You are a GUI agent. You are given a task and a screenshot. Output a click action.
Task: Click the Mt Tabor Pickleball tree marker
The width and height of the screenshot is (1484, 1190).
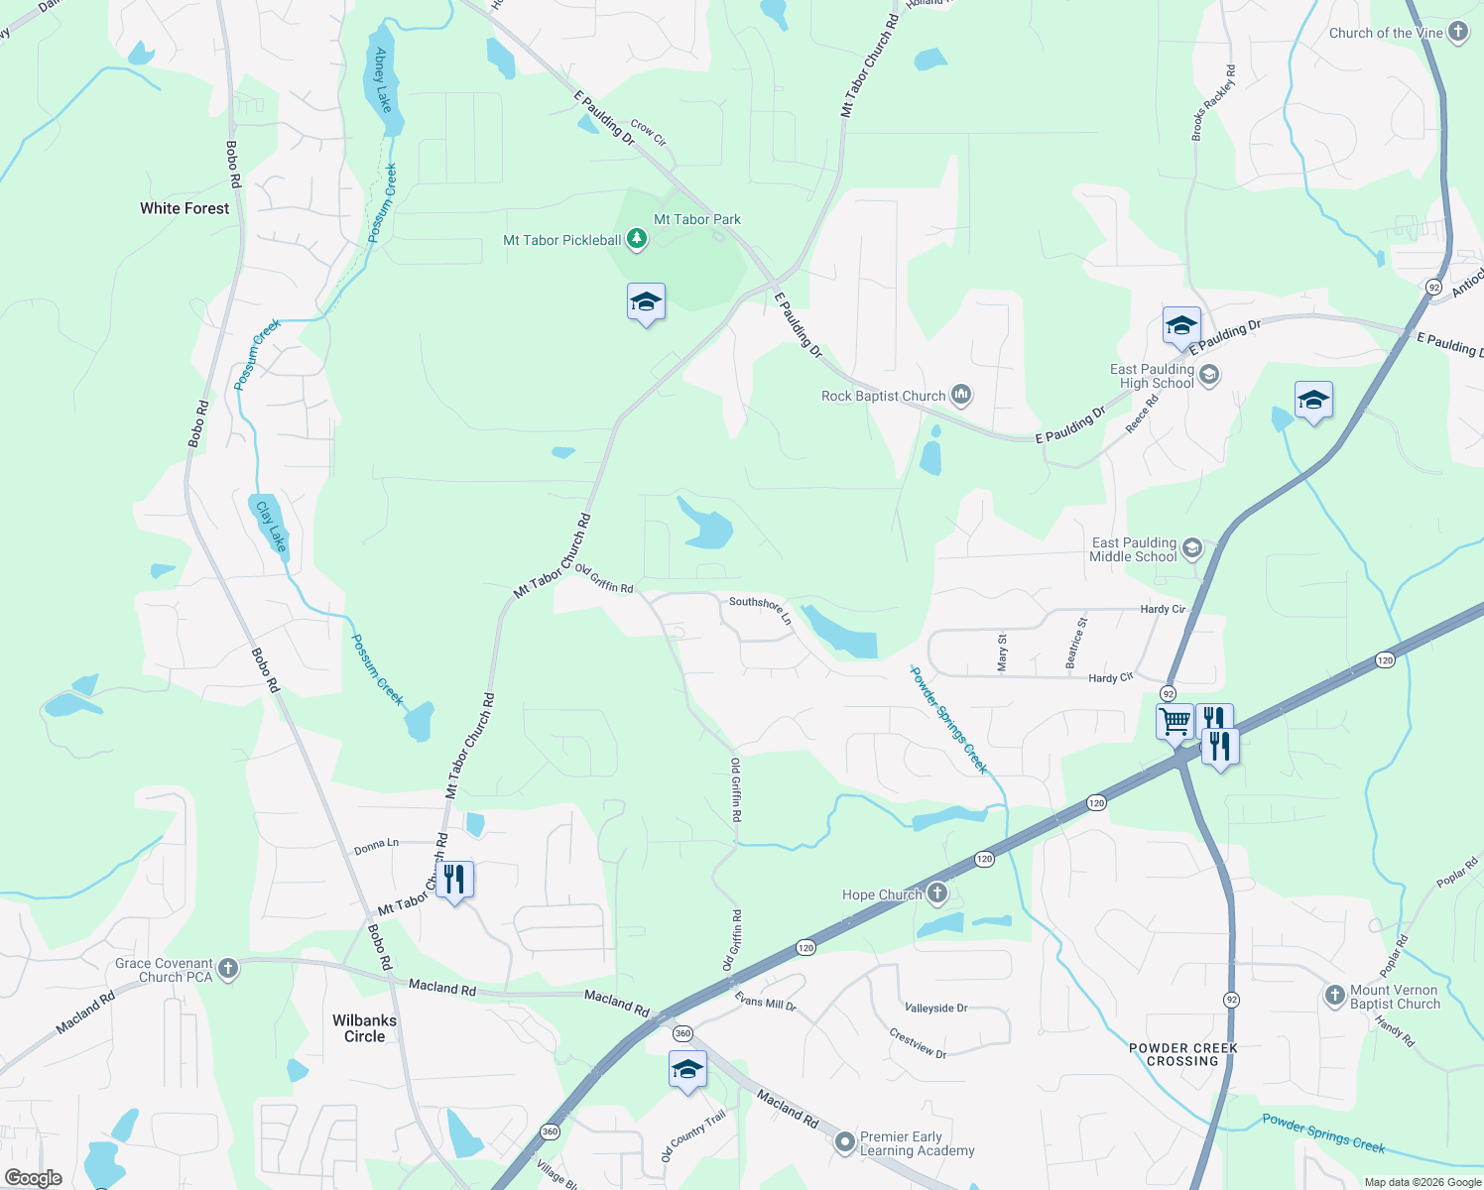637,239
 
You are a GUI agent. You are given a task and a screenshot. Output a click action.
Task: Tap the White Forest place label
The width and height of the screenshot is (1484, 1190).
185,208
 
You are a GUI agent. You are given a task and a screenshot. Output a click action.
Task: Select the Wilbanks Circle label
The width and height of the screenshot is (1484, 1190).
364,1028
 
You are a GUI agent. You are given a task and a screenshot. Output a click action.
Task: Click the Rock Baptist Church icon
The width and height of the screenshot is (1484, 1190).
960,396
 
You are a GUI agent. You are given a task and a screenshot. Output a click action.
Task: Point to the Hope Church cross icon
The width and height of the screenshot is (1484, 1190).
936,894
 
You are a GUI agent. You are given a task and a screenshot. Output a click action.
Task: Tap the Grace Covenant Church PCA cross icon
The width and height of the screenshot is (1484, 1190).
228,969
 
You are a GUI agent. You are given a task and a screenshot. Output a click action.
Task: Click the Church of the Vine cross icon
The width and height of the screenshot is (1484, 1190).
1458,32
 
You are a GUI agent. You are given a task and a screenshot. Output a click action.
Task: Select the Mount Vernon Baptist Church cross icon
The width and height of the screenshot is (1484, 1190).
1335,996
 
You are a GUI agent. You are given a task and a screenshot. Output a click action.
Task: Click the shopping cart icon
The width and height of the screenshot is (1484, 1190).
1175,721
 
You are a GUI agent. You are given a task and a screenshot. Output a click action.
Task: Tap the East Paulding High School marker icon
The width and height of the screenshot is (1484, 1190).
1209,375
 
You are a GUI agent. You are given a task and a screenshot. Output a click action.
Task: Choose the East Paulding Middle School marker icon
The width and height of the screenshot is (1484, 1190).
1192,548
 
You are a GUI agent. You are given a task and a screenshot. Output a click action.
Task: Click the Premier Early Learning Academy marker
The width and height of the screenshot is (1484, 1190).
844,1142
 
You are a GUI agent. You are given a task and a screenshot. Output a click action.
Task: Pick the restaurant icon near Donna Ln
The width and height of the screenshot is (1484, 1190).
453,879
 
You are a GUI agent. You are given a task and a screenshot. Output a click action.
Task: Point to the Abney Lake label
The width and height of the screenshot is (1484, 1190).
383,80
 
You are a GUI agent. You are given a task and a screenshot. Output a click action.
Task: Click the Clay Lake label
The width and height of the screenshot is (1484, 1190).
271,526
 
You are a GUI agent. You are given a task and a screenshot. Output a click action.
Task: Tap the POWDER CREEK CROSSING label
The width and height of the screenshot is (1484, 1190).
1182,1054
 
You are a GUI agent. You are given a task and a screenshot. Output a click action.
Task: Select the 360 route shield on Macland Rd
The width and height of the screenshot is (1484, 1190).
682,1033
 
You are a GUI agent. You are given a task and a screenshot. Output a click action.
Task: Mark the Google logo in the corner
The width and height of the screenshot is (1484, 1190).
33,1178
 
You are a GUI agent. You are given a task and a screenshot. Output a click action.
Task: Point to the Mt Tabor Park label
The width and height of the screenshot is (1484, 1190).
697,219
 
